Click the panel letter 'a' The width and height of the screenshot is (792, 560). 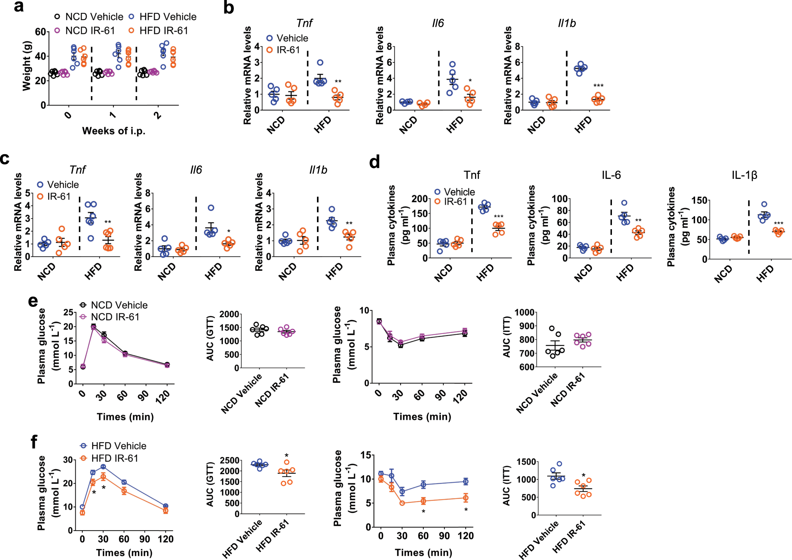point(18,7)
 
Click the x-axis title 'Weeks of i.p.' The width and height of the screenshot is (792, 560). point(113,131)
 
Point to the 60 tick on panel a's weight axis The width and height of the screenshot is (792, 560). point(41,32)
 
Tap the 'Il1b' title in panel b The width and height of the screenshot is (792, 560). point(566,24)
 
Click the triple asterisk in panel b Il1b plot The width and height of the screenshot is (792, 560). point(598,86)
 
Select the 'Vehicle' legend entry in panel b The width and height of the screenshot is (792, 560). point(292,38)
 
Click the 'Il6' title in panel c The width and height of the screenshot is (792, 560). point(196,170)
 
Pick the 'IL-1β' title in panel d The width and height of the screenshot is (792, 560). point(744,175)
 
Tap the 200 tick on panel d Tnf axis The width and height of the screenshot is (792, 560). point(419,199)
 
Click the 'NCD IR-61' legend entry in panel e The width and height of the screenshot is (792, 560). point(115,317)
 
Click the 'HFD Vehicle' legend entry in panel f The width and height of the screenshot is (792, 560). point(118,446)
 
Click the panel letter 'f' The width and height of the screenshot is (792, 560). point(34,442)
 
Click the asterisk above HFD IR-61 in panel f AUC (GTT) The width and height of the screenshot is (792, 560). point(286,456)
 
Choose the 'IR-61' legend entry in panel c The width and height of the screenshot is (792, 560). point(59,196)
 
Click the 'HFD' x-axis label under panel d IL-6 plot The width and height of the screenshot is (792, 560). point(624,272)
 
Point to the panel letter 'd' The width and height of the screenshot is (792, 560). point(375,162)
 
